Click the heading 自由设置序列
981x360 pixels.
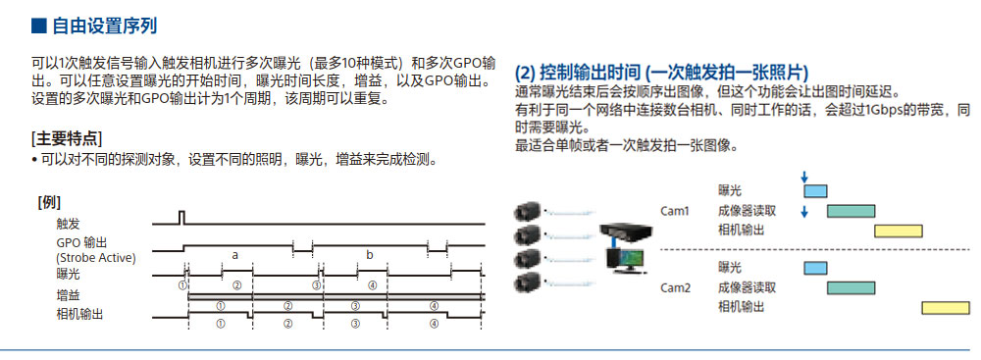click(x=103, y=26)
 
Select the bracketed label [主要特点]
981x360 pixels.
click(x=67, y=137)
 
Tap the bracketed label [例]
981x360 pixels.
click(x=49, y=202)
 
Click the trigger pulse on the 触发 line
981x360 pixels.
click(x=181, y=217)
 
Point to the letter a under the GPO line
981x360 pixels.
click(x=234, y=254)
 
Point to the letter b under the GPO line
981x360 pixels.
click(x=370, y=254)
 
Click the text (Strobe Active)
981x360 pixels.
click(x=96, y=257)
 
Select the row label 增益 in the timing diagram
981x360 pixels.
click(x=69, y=294)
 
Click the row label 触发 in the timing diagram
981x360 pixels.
click(x=69, y=224)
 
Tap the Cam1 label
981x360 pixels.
click(x=674, y=210)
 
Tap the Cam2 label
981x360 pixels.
click(x=674, y=287)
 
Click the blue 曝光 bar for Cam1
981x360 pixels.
click(x=815, y=190)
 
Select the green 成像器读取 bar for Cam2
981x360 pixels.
click(x=851, y=287)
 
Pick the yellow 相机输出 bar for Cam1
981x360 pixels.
click(x=898, y=231)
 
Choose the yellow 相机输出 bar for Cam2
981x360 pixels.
click(x=945, y=308)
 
